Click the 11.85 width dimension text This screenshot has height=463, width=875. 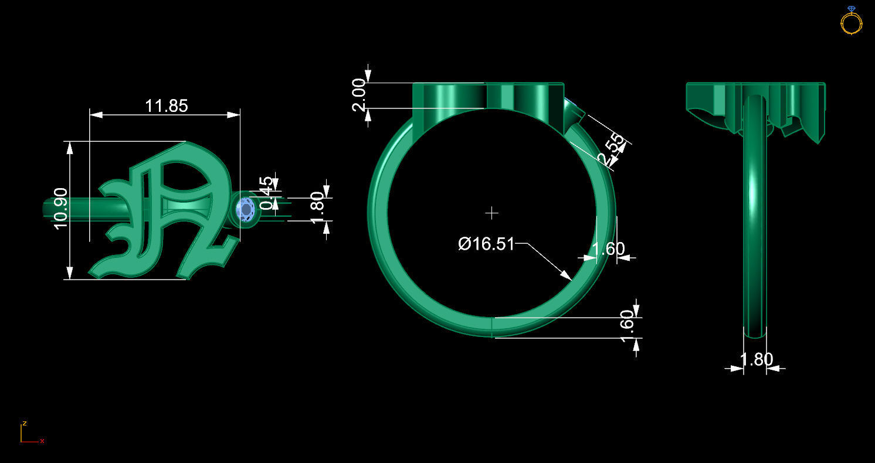[167, 106]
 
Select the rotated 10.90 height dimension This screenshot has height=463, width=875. [62, 209]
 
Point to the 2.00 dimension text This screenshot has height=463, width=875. [359, 95]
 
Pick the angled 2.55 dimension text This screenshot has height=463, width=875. [611, 150]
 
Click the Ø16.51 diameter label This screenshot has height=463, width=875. [486, 244]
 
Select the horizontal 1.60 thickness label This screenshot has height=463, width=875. [608, 249]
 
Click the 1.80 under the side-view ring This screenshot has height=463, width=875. [756, 359]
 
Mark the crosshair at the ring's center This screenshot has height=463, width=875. [491, 212]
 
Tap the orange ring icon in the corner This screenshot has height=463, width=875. [851, 21]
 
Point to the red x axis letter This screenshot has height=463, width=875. [42, 441]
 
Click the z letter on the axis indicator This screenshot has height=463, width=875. [24, 423]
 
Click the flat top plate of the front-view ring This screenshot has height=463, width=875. [488, 96]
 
